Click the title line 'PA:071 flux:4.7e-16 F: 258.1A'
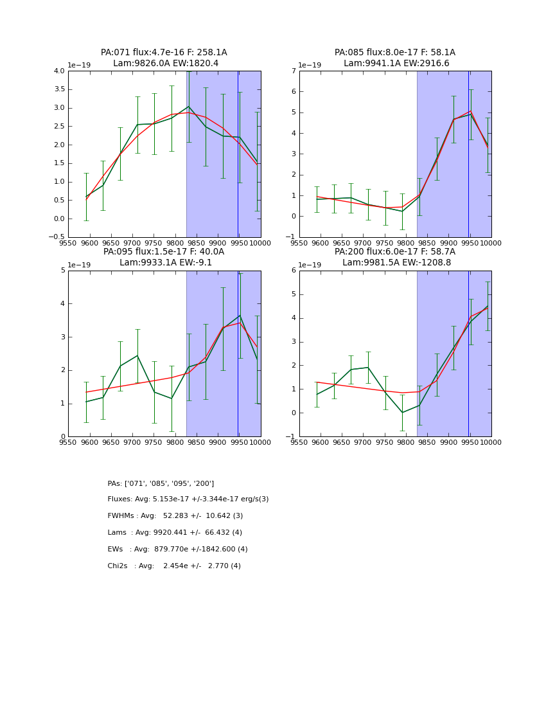coord(164,53)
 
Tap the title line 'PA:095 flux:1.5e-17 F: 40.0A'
coord(164,252)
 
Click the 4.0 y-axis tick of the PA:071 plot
coord(59,71)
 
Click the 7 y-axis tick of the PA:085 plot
coord(292,71)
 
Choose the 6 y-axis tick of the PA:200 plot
coord(292,271)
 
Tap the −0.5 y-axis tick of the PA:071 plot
coord(57,237)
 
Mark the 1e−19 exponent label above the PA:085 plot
coord(310,66)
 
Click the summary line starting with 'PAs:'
coord(161,483)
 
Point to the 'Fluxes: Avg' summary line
coord(188,499)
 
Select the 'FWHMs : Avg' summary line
coord(175,516)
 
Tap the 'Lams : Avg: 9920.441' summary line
coord(175,533)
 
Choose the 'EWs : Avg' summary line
coord(177,550)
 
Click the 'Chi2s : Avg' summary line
coord(174,566)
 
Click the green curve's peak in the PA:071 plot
coord(188,107)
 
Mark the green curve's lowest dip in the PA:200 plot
coord(402,413)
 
